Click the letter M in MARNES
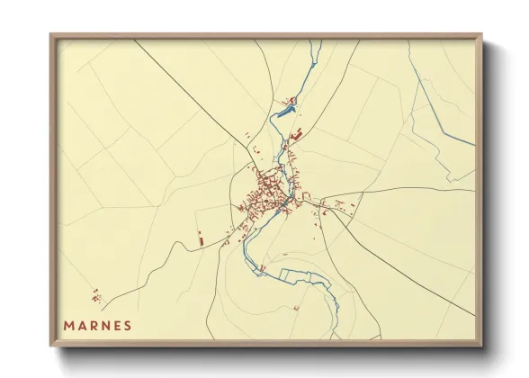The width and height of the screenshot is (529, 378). pos(67,326)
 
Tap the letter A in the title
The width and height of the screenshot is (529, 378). pos(82,326)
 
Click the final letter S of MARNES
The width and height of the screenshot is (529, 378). pos(129,326)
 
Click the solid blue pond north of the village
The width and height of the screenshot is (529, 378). pos(287,112)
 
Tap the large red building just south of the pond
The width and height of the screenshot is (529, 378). pos(295,134)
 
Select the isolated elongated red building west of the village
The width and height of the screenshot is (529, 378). pos(200,238)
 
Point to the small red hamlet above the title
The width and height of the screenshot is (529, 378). pos(96,295)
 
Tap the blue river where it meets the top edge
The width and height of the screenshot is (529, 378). pos(316,41)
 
